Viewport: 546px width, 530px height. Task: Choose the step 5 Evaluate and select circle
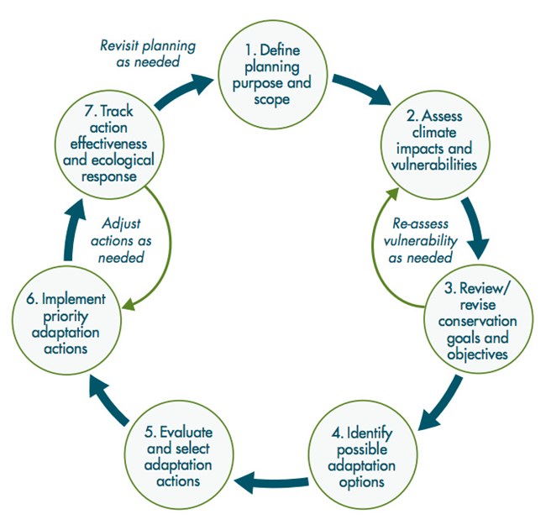(x=178, y=457)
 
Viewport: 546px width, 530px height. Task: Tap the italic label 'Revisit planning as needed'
(x=139, y=55)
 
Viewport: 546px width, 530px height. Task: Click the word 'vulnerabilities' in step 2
(x=437, y=165)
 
